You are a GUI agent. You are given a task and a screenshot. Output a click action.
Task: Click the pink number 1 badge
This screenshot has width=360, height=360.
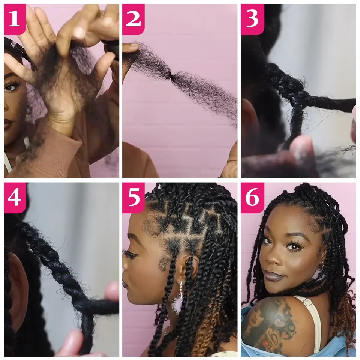click(x=15, y=19)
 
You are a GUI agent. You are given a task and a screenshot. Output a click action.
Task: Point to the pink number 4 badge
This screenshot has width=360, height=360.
click(x=15, y=198)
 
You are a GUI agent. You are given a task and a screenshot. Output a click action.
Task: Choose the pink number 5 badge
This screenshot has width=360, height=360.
click(x=133, y=198)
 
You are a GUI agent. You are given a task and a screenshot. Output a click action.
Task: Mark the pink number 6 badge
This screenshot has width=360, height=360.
click(x=252, y=198)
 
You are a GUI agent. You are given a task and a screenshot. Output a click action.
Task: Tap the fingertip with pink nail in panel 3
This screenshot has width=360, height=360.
click(x=300, y=148)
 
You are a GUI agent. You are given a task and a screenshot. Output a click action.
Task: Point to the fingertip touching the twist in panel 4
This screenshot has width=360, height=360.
click(x=111, y=291)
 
